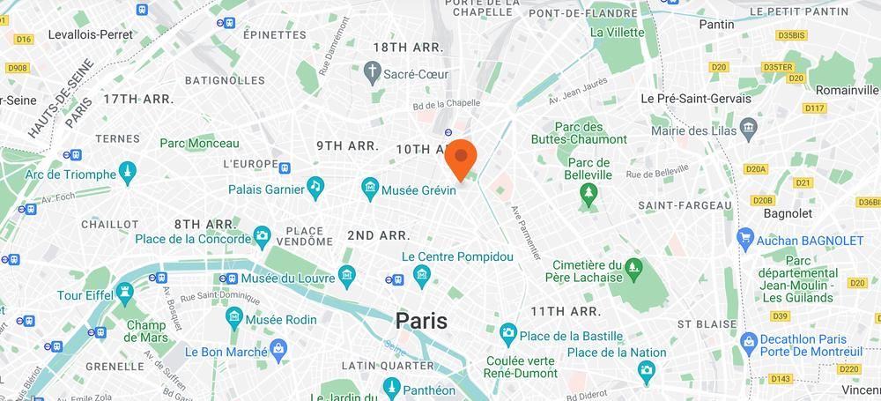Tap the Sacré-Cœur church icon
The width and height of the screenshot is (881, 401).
[374, 71]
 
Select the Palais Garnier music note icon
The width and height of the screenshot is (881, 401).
[315, 186]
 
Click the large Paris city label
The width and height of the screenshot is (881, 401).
[420, 321]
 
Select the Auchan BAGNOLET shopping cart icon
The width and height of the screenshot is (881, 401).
[746, 238]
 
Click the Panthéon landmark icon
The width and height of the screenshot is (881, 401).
[390, 389]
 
